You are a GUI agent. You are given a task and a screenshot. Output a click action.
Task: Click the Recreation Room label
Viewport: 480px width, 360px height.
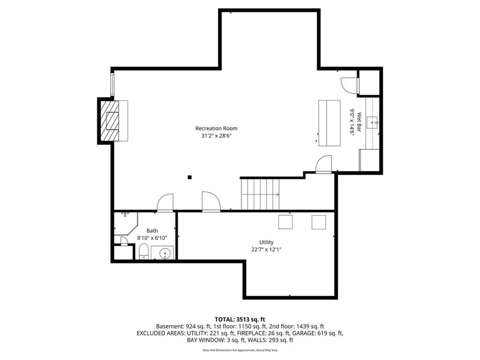[x=216, y=128]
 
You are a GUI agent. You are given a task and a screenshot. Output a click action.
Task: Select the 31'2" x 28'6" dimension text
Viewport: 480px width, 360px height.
[x=216, y=136]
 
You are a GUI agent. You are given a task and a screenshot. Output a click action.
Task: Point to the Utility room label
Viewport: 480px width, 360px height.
[x=266, y=242]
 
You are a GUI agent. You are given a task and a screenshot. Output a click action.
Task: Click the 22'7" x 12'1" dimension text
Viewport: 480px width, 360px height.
[x=266, y=249]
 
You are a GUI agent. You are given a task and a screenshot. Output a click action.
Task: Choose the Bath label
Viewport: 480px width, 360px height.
[x=152, y=231]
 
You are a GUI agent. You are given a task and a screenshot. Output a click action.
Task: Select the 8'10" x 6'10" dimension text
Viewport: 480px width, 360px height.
[x=152, y=238]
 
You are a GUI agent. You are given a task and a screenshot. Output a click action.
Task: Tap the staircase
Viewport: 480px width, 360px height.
[x=260, y=195]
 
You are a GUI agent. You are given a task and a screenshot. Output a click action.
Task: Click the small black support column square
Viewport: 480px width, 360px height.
[x=190, y=177]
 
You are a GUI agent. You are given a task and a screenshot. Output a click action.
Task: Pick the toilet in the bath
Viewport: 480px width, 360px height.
[x=143, y=251]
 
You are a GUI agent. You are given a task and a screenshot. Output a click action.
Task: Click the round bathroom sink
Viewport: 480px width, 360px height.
[x=165, y=254]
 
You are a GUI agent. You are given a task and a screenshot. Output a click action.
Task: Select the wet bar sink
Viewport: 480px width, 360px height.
[x=373, y=122]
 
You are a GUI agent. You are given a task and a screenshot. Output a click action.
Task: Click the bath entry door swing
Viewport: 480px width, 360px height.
[x=165, y=202]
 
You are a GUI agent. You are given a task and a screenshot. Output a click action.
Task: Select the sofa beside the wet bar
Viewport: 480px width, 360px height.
[x=330, y=123]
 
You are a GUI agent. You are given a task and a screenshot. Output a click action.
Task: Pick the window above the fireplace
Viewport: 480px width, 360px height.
[x=112, y=84]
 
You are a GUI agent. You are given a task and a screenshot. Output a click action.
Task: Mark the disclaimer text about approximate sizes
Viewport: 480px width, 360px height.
[x=240, y=350]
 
